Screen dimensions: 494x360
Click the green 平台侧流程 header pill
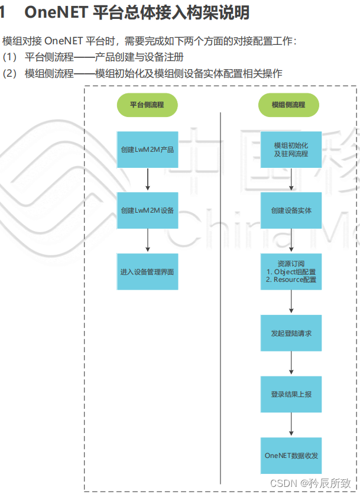tap(147, 105)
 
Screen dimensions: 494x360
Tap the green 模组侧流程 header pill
tap(288, 105)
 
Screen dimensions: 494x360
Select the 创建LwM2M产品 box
tap(147, 149)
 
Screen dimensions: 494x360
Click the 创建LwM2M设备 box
tap(147, 210)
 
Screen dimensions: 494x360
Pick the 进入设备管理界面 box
tap(147, 272)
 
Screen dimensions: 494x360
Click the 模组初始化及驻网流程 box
tap(291, 149)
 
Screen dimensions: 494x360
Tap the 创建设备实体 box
tap(291, 210)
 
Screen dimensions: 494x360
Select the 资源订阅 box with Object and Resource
tap(291, 272)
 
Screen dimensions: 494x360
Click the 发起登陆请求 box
tap(291, 333)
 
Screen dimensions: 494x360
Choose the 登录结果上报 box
tap(291, 394)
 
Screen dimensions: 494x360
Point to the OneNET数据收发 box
tap(291, 456)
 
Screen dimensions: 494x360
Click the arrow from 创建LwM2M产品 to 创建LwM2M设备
tap(147, 180)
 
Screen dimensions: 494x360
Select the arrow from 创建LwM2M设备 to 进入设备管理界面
tap(147, 241)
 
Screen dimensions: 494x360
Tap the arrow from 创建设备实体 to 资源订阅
tap(291, 241)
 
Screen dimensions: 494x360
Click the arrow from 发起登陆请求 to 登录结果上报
tap(291, 363)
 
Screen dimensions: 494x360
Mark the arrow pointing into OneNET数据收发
tap(291, 425)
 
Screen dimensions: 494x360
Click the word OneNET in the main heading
tap(56, 12)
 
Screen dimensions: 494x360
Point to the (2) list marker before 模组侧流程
tap(10, 74)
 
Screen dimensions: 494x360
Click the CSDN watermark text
tap(283, 483)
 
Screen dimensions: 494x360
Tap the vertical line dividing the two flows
tap(220, 295)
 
